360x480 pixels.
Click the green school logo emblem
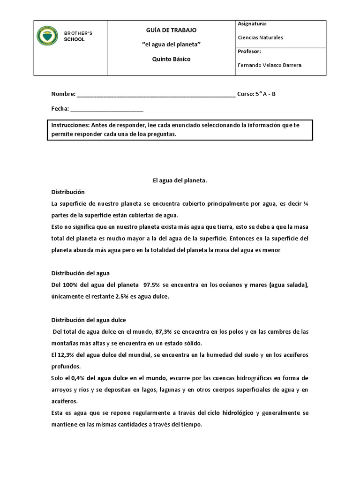pyautogui.click(x=47, y=36)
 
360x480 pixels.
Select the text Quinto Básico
pyautogui.click(x=171, y=60)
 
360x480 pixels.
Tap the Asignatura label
pyautogui.click(x=252, y=23)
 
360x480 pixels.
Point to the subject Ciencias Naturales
pyautogui.click(x=261, y=37)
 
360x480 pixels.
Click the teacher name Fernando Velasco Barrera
pyautogui.click(x=270, y=65)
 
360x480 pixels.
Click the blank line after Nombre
pyautogui.click(x=156, y=95)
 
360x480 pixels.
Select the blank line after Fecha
pyautogui.click(x=107, y=109)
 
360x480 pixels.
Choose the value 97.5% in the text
pyautogui.click(x=153, y=285)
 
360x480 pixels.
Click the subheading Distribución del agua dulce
pyautogui.click(x=89, y=320)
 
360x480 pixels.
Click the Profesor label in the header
pyautogui.click(x=249, y=51)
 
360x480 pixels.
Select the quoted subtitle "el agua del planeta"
pyautogui.click(x=171, y=45)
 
